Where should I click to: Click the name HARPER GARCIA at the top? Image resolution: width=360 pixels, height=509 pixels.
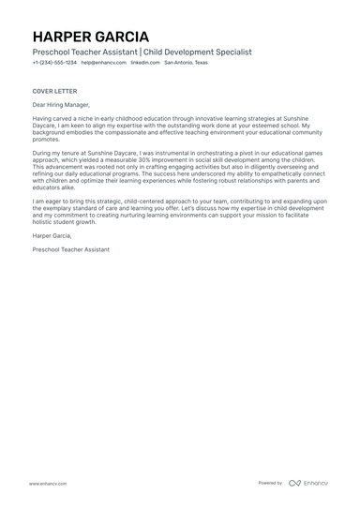click(89, 36)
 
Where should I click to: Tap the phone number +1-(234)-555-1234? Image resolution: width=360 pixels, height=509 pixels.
click(54, 63)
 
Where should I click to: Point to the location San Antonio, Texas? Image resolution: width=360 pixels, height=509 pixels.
click(185, 63)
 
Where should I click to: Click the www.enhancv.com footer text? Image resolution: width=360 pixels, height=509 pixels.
click(45, 483)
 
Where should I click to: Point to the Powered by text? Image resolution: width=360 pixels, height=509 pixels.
click(270, 483)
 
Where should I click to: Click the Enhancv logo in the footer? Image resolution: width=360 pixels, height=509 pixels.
click(308, 483)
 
